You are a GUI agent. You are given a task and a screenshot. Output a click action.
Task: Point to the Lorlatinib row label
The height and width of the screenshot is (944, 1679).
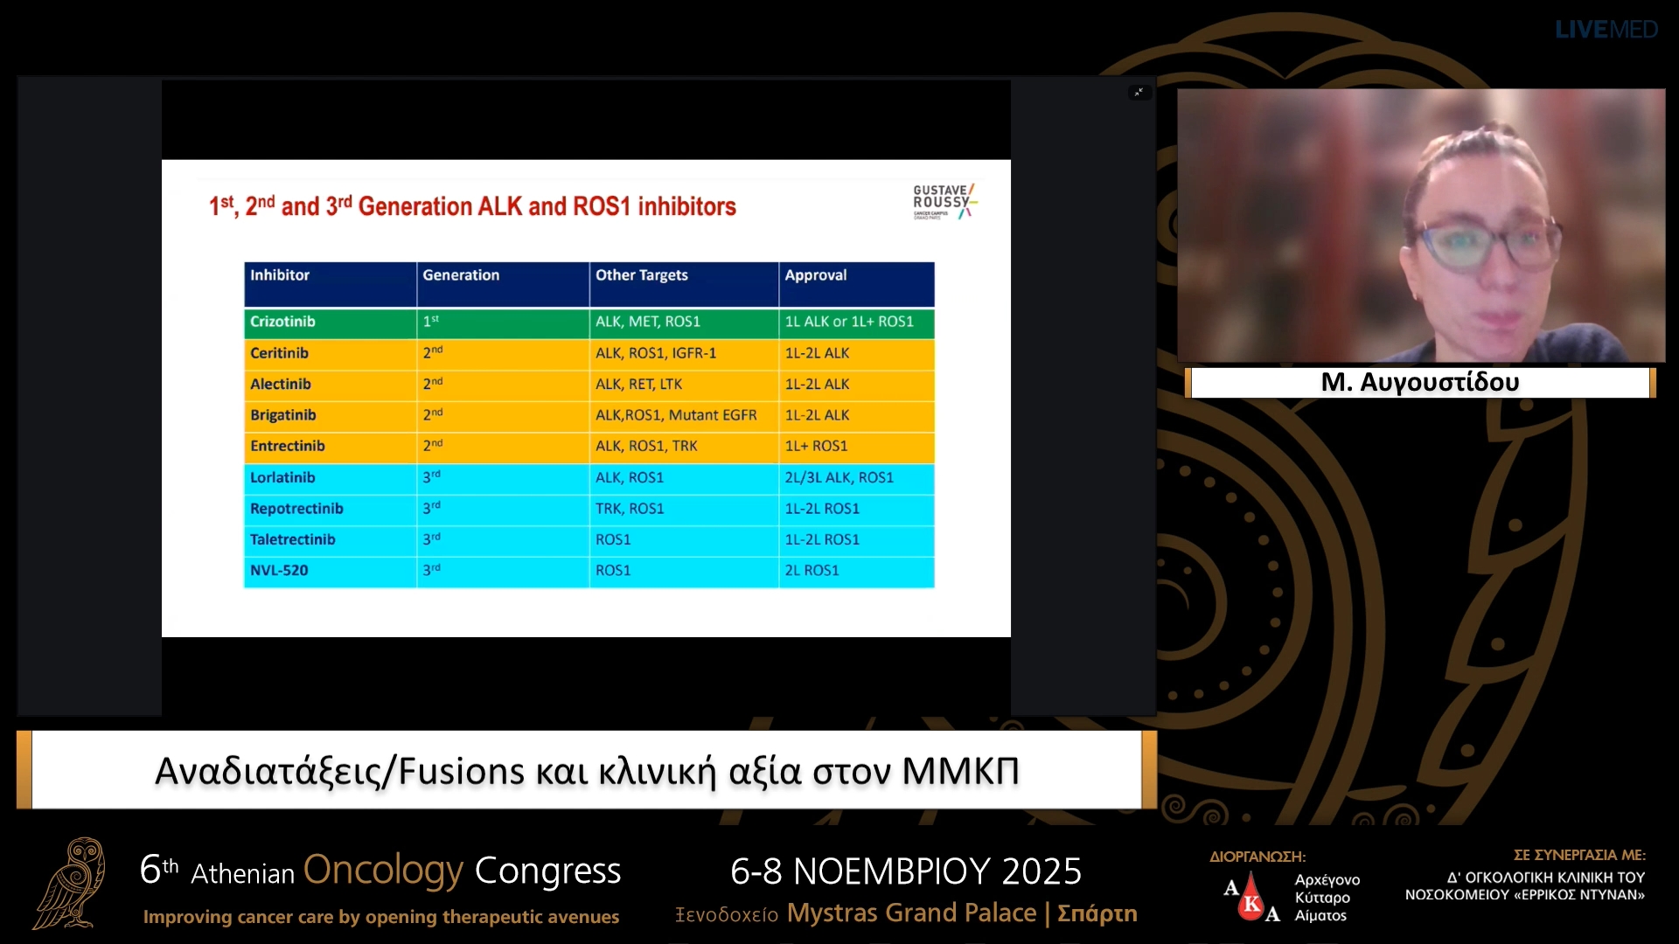pyautogui.click(x=282, y=477)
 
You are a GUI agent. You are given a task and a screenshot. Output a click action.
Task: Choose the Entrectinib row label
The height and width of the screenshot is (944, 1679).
pyautogui.click(x=287, y=446)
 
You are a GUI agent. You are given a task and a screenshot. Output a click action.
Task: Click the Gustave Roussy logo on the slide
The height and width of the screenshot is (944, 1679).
pyautogui.click(x=944, y=201)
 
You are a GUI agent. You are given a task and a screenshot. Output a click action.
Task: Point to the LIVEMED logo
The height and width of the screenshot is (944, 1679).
pyautogui.click(x=1606, y=30)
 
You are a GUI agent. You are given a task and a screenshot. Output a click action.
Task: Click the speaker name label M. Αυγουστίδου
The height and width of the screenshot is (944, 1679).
pyautogui.click(x=1419, y=382)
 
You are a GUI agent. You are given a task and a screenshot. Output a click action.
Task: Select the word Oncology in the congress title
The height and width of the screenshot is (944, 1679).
pyautogui.click(x=383, y=871)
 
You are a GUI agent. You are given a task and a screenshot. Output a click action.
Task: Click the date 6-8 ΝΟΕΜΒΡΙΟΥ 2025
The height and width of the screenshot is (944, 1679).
pyautogui.click(x=906, y=871)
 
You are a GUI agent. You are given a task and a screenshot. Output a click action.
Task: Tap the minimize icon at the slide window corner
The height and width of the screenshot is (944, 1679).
pyautogui.click(x=1139, y=92)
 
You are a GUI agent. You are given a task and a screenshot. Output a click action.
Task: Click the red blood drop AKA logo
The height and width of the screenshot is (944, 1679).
pyautogui.click(x=1251, y=897)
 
